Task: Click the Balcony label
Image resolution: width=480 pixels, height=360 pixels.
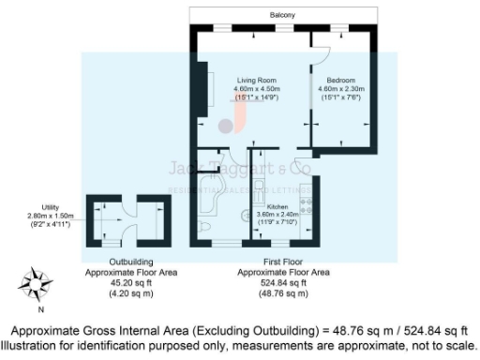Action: point(282,16)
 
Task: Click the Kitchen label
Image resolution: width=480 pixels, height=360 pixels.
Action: point(277,205)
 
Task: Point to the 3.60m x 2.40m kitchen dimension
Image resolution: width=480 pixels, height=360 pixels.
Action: point(277,214)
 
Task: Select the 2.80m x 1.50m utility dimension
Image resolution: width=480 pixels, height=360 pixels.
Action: point(44,215)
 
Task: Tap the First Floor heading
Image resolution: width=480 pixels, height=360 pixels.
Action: point(283,262)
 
